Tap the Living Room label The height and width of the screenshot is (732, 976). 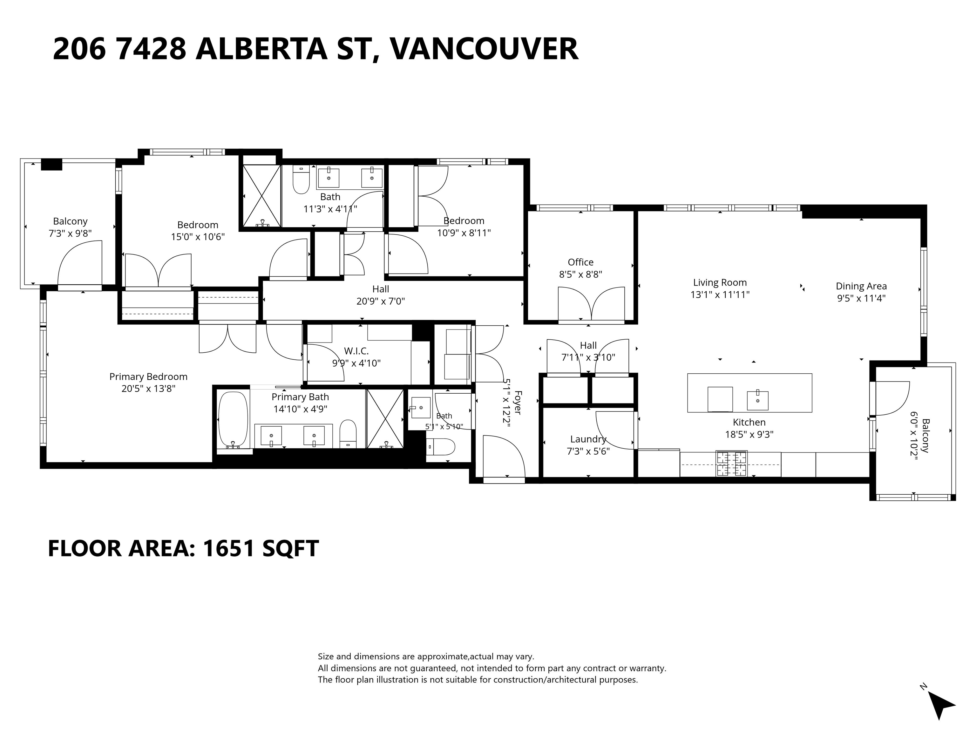pyautogui.click(x=720, y=282)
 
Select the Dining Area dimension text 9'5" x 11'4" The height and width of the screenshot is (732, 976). pyautogui.click(x=861, y=298)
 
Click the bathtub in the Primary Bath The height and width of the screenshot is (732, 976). pyautogui.click(x=233, y=420)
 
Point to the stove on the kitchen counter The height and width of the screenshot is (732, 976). pyautogui.click(x=732, y=464)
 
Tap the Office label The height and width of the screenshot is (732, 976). pyautogui.click(x=581, y=262)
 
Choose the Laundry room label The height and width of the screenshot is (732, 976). pyautogui.click(x=588, y=439)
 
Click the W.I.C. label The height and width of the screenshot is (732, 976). pyautogui.click(x=356, y=351)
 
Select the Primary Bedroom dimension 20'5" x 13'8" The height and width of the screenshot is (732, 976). pyautogui.click(x=149, y=389)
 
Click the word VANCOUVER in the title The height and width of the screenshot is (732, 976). pyautogui.click(x=485, y=49)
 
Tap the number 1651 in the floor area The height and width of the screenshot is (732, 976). pyautogui.click(x=228, y=548)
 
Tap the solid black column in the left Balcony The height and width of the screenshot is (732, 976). pyautogui.click(x=51, y=164)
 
